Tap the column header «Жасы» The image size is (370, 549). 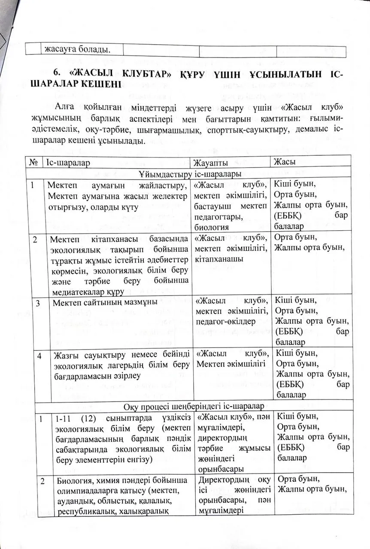tap(285, 162)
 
